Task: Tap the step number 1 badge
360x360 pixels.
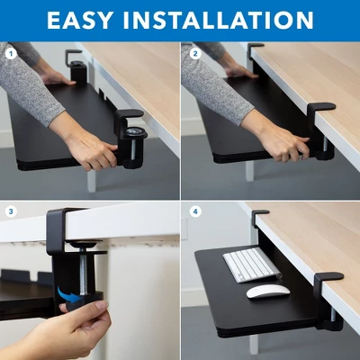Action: pos(12,53)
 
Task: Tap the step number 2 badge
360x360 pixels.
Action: pos(194,53)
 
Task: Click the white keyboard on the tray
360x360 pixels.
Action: pos(251,265)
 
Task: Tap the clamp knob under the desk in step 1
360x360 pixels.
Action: pos(135,135)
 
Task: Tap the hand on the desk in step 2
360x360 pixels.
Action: pos(238,71)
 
